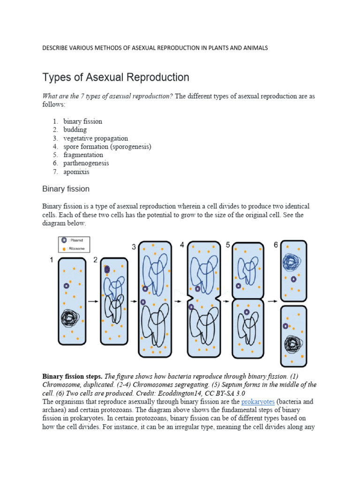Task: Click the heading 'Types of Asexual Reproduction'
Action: click(116, 77)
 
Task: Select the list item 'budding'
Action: click(75, 130)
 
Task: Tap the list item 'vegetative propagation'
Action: click(96, 138)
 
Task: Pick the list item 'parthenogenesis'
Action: click(86, 163)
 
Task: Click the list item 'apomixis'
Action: click(76, 172)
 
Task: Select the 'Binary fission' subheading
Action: click(66, 189)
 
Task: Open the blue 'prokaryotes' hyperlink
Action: click(257, 402)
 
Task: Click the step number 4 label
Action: click(182, 245)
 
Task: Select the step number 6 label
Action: click(276, 245)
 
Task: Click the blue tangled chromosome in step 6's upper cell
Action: click(292, 262)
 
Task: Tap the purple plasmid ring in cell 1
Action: click(67, 285)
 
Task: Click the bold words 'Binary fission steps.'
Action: click(72, 376)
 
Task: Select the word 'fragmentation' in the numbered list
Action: click(83, 155)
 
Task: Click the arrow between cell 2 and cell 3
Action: click(133, 301)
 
